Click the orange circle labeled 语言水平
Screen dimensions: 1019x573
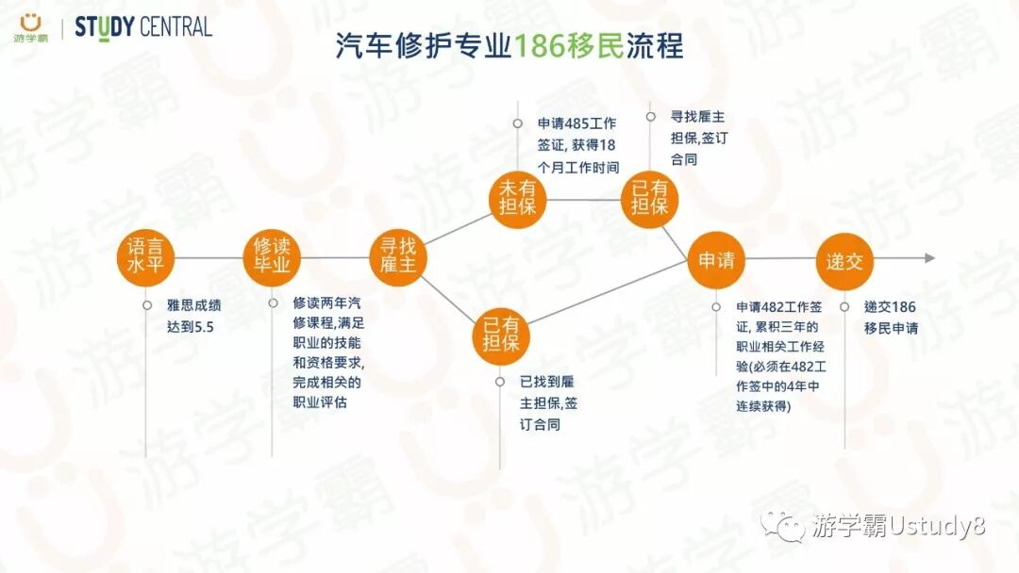(x=146, y=256)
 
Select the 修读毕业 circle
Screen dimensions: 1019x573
(x=273, y=256)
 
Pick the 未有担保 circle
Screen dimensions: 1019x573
(x=517, y=199)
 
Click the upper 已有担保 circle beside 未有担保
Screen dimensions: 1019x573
(x=650, y=199)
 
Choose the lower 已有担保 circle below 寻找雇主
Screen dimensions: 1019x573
(x=501, y=336)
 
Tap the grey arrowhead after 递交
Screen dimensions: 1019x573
(x=929, y=257)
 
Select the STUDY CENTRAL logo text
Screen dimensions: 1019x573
(x=143, y=26)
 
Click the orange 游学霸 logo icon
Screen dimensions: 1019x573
(x=31, y=21)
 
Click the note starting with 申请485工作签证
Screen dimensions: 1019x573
(x=578, y=145)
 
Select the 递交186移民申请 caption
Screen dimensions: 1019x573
(x=891, y=317)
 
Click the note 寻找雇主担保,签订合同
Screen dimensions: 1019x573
(x=697, y=138)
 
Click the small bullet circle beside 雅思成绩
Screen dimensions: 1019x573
(x=147, y=305)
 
